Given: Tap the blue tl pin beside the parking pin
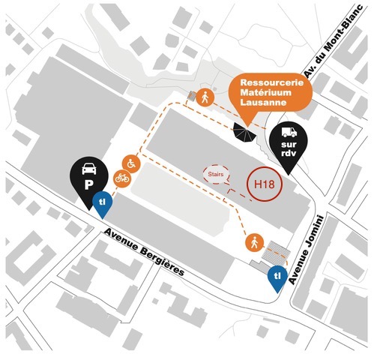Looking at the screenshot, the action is (x=103, y=203).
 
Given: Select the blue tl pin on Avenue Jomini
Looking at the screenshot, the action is (x=277, y=277).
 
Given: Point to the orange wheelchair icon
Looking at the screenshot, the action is (x=131, y=163).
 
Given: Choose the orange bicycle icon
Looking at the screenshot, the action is (x=122, y=178).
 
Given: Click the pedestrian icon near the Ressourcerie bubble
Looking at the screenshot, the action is (x=205, y=97).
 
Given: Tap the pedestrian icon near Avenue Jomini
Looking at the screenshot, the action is (x=255, y=243).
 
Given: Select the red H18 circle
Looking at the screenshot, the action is (x=265, y=184).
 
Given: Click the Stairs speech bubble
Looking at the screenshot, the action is (x=216, y=174).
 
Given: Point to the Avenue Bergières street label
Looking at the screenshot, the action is (x=144, y=252).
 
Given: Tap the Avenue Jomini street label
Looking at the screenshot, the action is (x=307, y=250).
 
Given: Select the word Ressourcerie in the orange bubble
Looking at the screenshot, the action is (x=272, y=82).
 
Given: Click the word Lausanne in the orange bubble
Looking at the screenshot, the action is (x=263, y=102).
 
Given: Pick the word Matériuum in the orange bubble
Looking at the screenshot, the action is (x=266, y=92).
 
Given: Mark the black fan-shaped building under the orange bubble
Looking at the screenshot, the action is (x=245, y=133).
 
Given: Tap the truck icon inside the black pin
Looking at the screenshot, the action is (x=289, y=132).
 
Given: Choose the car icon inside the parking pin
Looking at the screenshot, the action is (x=89, y=169).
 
